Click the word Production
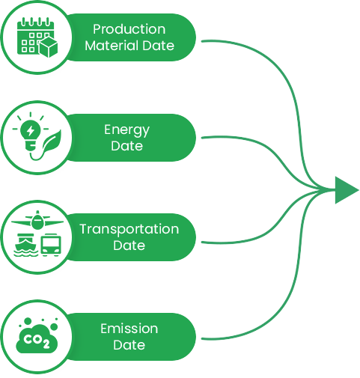point(129,29)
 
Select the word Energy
point(127,130)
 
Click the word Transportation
point(129,229)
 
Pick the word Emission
point(129,329)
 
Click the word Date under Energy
point(127,146)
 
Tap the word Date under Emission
point(129,345)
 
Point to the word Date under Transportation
point(129,246)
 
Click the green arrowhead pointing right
point(347,190)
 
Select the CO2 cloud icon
point(37,335)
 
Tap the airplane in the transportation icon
point(37,220)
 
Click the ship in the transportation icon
point(26,245)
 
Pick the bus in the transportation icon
point(51,245)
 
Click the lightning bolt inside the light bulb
point(31,130)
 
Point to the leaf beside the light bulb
point(51,141)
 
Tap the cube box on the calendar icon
point(49,47)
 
